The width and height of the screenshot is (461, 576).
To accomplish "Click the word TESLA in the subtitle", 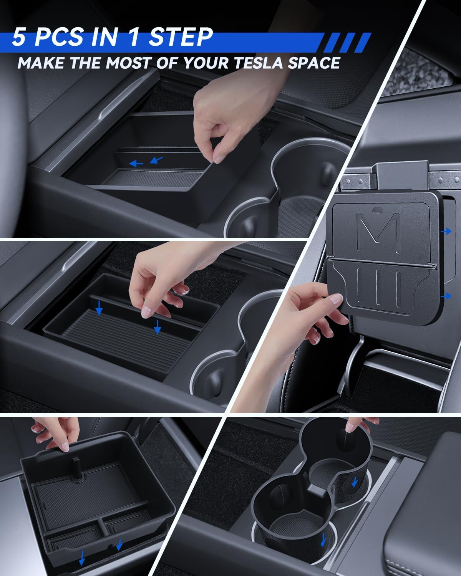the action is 258,63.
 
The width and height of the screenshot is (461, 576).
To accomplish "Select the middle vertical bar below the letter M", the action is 378,288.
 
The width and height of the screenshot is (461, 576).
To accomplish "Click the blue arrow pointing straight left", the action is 136,163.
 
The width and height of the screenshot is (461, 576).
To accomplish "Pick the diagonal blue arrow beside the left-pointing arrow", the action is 156,160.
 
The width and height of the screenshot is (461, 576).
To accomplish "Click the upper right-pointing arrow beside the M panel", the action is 446,231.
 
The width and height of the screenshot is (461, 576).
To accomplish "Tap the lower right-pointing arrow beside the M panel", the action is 446,296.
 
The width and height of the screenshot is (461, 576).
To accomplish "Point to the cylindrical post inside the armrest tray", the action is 77,467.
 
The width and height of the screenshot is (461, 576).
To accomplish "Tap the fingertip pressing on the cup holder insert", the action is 350,427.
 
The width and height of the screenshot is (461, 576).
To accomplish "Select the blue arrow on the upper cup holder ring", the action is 355,482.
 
